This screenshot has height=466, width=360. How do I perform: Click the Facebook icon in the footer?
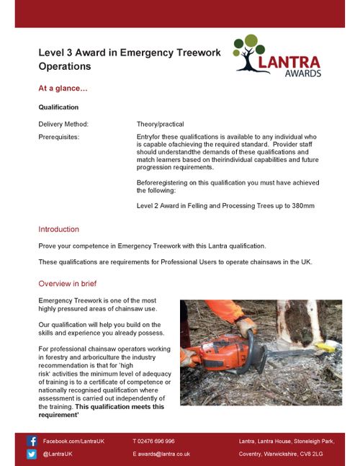32,440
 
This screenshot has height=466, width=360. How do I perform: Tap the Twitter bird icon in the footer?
32,454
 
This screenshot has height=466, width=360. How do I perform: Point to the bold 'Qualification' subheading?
58,107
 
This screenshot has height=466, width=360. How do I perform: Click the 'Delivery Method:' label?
63,124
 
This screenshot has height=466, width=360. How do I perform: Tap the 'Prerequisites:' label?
59,135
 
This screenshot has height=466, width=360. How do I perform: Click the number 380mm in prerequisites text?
302,206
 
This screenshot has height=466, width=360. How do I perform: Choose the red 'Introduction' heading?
58,229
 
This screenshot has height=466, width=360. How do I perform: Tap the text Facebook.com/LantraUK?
73,440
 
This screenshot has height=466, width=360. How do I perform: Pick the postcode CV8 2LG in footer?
312,454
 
